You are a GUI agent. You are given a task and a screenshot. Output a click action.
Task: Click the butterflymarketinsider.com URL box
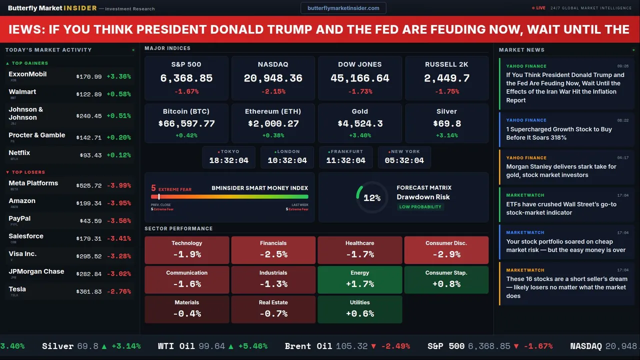coord(343,8)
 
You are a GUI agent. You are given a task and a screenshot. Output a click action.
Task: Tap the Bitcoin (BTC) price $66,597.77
coord(186,123)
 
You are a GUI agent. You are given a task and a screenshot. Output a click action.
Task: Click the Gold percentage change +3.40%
coord(359,135)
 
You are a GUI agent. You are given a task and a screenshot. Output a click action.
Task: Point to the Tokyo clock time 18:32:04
coord(228,160)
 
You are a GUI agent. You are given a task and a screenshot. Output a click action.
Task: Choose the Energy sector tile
coord(359,279)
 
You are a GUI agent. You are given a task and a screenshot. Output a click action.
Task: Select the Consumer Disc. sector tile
coord(446,250)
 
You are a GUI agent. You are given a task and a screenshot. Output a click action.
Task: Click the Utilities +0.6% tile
coord(359,309)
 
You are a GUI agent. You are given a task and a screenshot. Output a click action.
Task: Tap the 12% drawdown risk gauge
coord(371,198)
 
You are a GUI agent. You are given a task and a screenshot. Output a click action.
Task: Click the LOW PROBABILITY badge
coord(420,207)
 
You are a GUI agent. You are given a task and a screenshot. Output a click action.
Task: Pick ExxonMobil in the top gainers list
coord(27,74)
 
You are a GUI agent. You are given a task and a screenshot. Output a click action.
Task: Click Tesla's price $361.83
coord(88,291)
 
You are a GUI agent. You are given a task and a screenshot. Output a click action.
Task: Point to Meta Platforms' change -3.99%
coord(118,185)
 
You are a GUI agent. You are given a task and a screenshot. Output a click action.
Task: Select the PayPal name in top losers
coord(19,218)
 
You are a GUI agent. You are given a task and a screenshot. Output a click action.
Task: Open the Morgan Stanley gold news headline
coord(561,170)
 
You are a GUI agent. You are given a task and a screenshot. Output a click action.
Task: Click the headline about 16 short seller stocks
coord(566,287)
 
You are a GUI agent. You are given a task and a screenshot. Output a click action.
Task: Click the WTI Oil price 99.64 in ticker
coord(211,346)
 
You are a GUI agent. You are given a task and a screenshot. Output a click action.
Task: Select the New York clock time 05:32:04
coord(404,160)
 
